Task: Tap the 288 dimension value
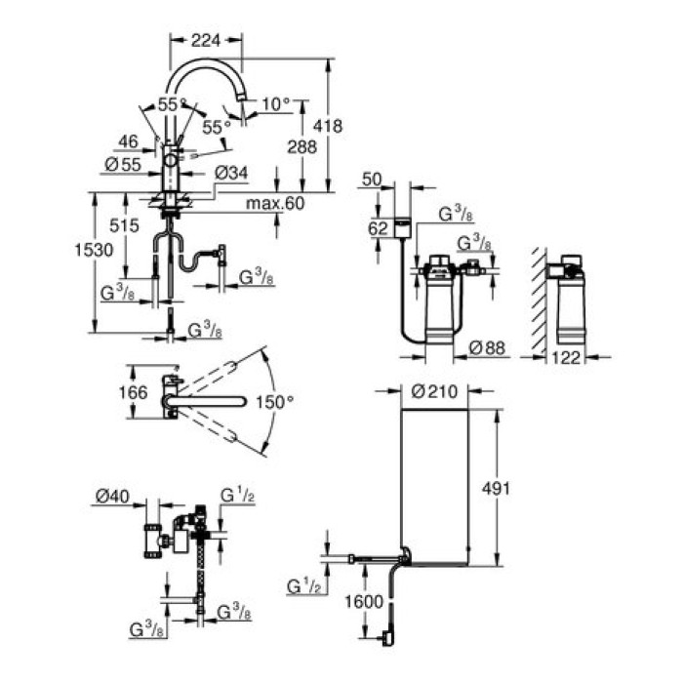(301, 148)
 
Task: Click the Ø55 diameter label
(120, 165)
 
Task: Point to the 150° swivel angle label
(275, 401)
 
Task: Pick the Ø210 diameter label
(432, 393)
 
